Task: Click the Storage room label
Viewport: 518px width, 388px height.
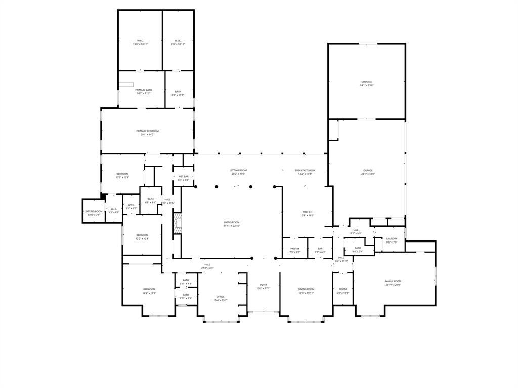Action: click(x=366, y=82)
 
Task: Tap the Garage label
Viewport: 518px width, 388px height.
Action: click(x=367, y=171)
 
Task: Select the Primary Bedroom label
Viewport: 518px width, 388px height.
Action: click(x=147, y=131)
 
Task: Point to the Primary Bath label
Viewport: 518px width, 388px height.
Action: click(x=143, y=90)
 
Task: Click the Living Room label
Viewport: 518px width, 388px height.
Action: click(x=232, y=222)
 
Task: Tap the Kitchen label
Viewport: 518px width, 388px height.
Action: click(x=307, y=212)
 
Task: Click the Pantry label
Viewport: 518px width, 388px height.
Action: click(x=294, y=249)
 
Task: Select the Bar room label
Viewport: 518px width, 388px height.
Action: click(x=320, y=249)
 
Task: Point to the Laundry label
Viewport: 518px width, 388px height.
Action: click(x=392, y=239)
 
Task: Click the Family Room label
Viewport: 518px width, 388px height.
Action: click(x=393, y=281)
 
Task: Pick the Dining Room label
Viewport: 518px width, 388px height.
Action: click(x=306, y=289)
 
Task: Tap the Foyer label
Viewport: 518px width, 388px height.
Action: click(x=263, y=285)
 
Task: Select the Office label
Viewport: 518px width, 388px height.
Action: click(x=220, y=297)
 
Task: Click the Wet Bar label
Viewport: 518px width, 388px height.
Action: click(x=183, y=177)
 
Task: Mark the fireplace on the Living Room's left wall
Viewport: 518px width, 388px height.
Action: click(x=177, y=224)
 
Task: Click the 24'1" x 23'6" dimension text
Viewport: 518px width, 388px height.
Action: click(x=366, y=85)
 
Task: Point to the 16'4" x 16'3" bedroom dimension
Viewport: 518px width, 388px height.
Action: click(x=149, y=293)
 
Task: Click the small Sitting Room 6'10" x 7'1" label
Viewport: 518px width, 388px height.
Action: click(x=94, y=212)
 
